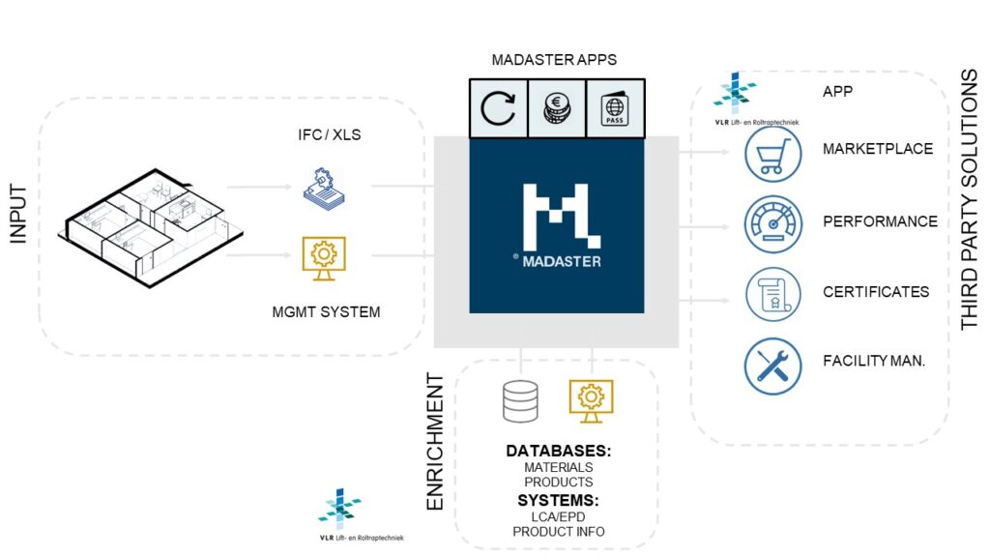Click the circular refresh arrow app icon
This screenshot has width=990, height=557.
(x=498, y=107)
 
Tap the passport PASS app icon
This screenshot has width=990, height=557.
(x=615, y=107)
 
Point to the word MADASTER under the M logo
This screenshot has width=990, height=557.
(x=565, y=261)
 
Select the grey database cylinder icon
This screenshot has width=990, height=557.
(x=520, y=401)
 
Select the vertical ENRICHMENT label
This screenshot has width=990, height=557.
(x=436, y=441)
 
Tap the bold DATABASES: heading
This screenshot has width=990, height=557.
(x=558, y=452)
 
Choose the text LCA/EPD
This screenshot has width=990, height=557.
(x=558, y=516)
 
